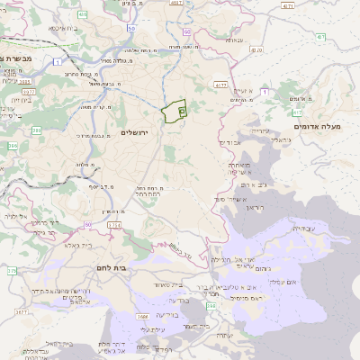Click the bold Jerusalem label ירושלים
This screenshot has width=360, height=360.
(139, 132)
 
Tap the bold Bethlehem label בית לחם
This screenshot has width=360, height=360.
(114, 267)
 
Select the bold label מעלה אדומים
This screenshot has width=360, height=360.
(327, 126)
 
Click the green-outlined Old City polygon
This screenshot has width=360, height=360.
(173, 112)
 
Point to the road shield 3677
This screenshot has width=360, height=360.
(22, 311)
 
